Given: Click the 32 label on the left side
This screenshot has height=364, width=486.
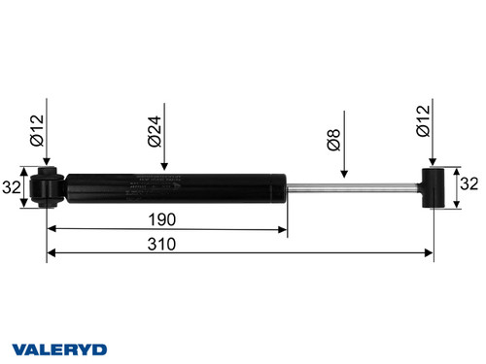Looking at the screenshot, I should (x=13, y=187).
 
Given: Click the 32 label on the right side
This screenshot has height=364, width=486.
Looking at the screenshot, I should (x=469, y=183).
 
